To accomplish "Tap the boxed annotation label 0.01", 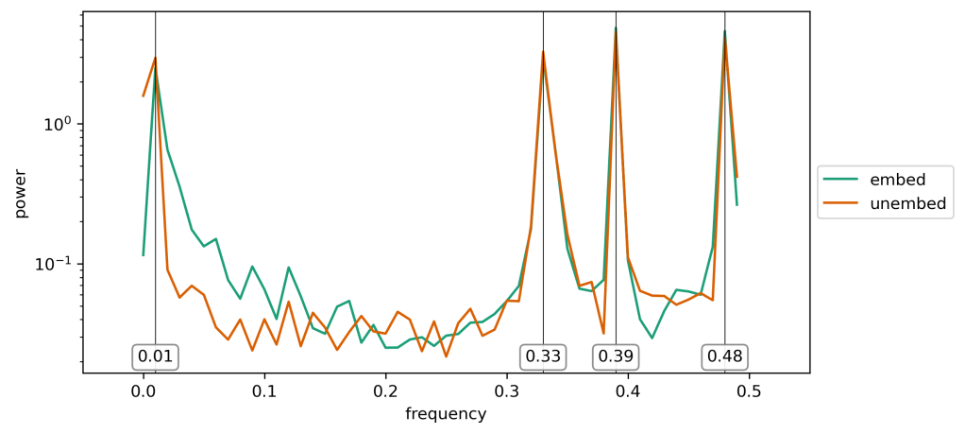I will pyautogui.click(x=156, y=356).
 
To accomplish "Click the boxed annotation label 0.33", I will pyautogui.click(x=543, y=356).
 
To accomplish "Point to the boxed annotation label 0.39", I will pyautogui.click(x=616, y=356).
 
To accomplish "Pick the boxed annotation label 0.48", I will pyautogui.click(x=724, y=356).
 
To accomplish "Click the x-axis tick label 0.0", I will pyautogui.click(x=144, y=391).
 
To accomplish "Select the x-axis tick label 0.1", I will pyautogui.click(x=264, y=391).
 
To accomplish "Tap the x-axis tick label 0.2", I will pyautogui.click(x=386, y=391).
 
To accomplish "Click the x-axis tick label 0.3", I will pyautogui.click(x=507, y=391).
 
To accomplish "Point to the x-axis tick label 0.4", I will pyautogui.click(x=628, y=391).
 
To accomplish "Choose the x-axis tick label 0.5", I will pyautogui.click(x=749, y=391).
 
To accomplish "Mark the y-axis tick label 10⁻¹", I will pyautogui.click(x=57, y=264).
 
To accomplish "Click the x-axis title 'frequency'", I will pyautogui.click(x=446, y=414).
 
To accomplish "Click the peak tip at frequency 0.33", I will pyautogui.click(x=543, y=52).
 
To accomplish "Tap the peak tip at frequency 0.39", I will pyautogui.click(x=616, y=28).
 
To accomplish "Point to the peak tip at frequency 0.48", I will pyautogui.click(x=724, y=31).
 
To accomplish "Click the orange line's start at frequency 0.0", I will pyautogui.click(x=144, y=95).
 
